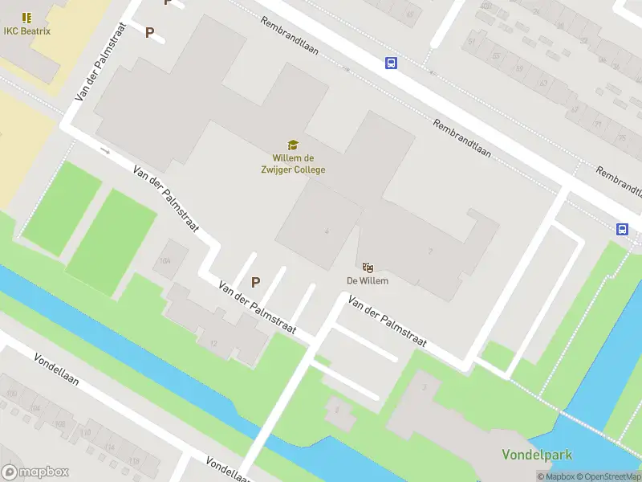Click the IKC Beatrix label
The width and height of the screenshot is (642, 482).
click(x=27, y=32)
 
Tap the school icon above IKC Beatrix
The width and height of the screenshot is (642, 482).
click(x=27, y=17)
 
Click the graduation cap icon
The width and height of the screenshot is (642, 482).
click(x=293, y=145)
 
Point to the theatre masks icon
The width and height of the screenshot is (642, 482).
click(x=368, y=267)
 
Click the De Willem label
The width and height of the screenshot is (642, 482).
click(x=368, y=280)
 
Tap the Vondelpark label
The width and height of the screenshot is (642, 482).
click(x=537, y=455)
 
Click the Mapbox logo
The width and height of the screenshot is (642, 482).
click(x=35, y=472)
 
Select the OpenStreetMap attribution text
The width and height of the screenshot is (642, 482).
click(x=605, y=476)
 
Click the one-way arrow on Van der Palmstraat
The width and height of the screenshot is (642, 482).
click(x=104, y=149)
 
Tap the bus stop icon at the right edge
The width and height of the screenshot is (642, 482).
click(x=622, y=229)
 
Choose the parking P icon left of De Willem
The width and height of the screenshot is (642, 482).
click(x=256, y=282)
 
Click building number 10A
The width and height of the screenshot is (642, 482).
click(x=165, y=261)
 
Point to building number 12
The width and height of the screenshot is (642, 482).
click(x=213, y=343)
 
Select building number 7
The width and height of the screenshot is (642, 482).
click(x=430, y=251)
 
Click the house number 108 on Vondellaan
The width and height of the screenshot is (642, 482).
click(x=87, y=434)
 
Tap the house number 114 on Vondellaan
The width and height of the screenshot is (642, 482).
click(x=110, y=448)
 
